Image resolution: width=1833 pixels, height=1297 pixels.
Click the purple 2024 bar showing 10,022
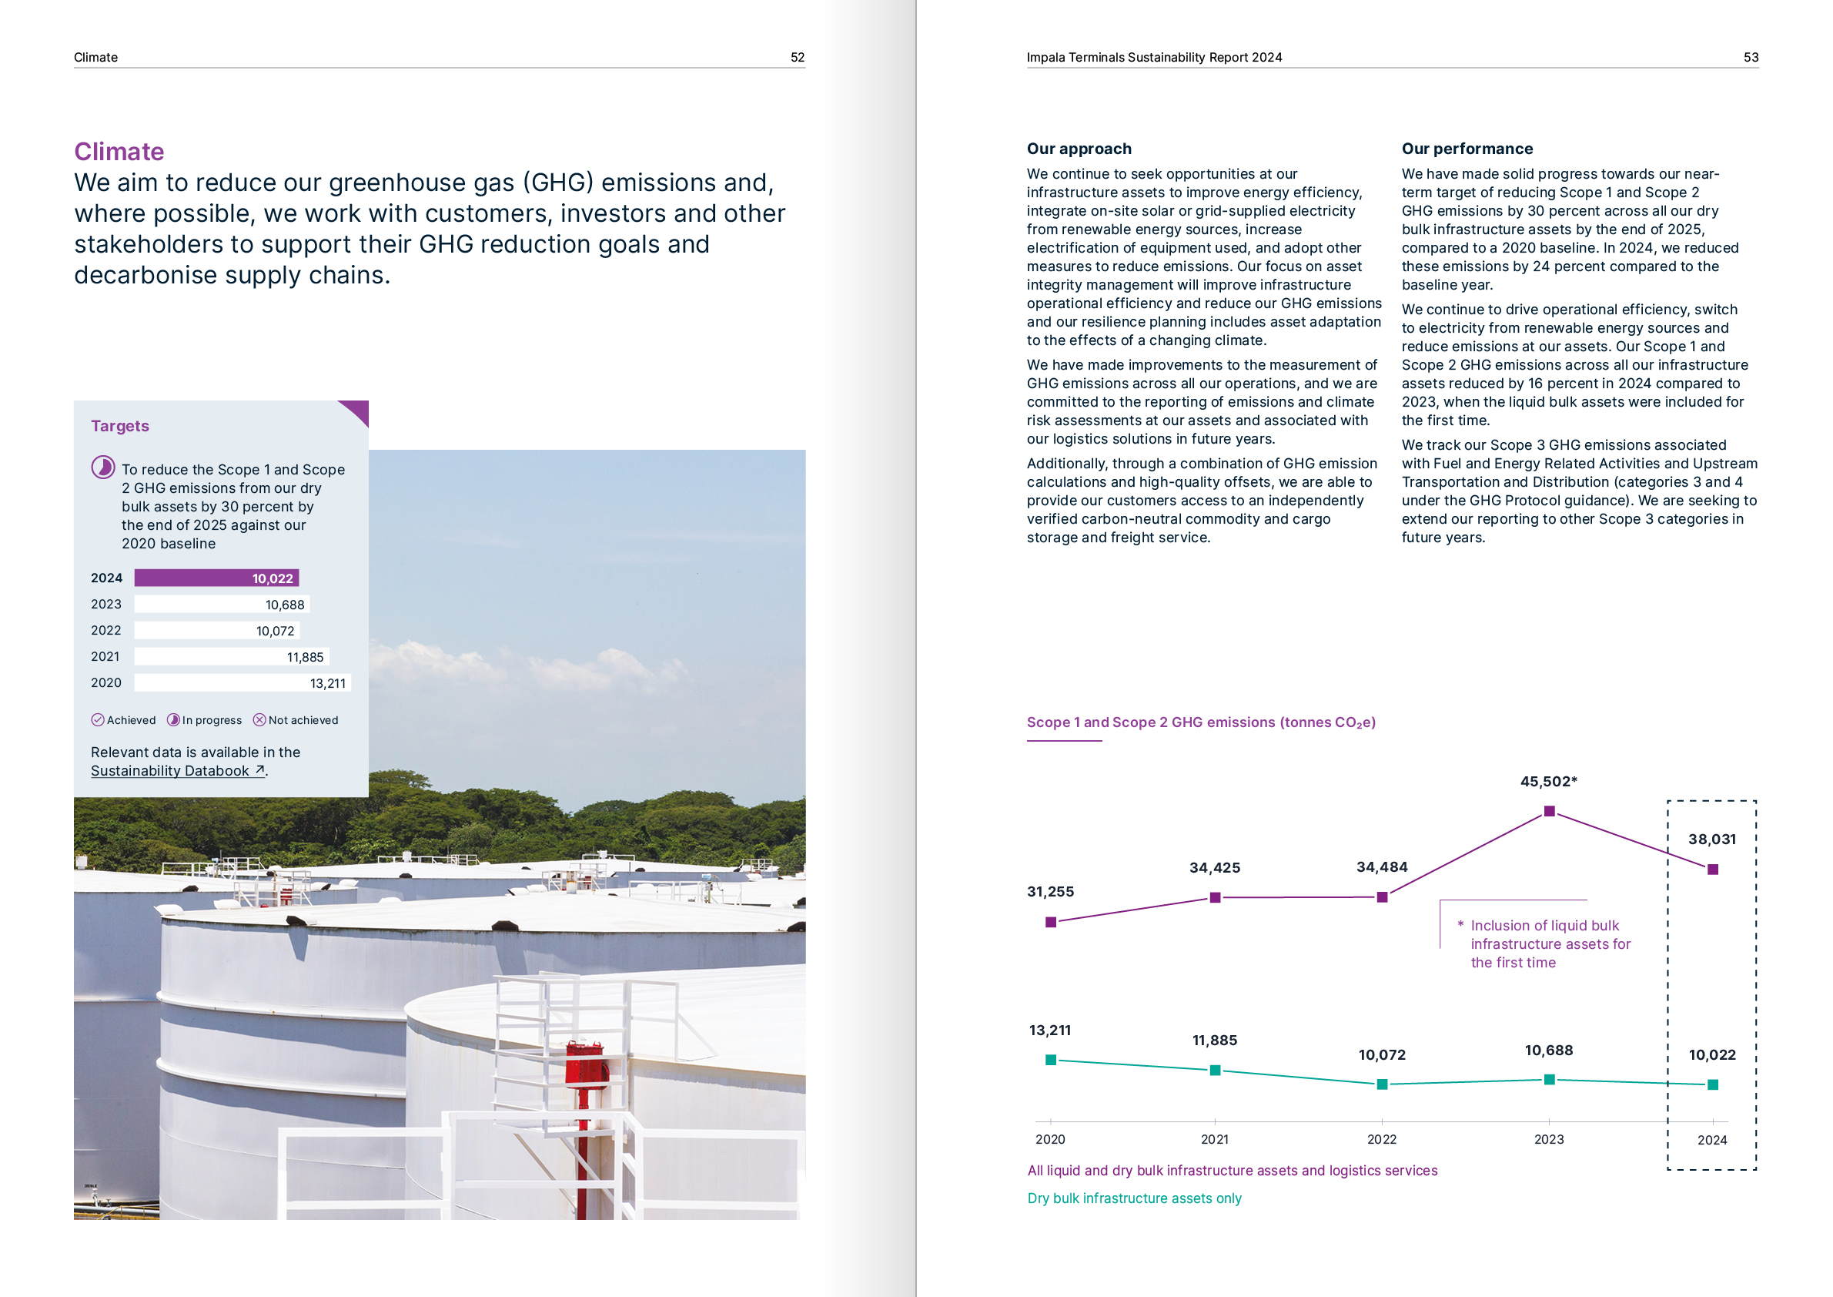point(216,578)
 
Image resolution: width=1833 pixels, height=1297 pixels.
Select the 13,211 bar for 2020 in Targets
point(242,683)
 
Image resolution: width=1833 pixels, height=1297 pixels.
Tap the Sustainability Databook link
point(177,771)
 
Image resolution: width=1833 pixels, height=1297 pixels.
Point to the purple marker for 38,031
point(1711,870)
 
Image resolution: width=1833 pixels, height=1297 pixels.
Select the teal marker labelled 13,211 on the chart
point(1051,1060)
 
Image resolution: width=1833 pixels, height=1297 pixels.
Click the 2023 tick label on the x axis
point(1548,1140)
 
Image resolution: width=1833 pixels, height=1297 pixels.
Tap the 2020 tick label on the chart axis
point(1050,1140)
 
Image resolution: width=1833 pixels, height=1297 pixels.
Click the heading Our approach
point(1079,149)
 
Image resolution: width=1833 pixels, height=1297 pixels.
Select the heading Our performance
point(1467,149)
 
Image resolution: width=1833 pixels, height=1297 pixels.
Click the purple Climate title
point(119,151)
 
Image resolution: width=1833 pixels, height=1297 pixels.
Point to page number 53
point(1750,58)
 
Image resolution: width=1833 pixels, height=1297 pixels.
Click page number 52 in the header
point(797,58)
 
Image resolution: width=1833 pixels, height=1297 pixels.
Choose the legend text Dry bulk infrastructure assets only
point(1134,1198)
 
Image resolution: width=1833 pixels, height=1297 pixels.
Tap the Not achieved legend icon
point(259,719)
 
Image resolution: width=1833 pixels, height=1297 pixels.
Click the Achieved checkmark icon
point(98,719)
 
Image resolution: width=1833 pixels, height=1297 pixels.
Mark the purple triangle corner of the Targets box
point(358,411)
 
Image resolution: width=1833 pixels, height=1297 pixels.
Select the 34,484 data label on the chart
point(1381,867)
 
